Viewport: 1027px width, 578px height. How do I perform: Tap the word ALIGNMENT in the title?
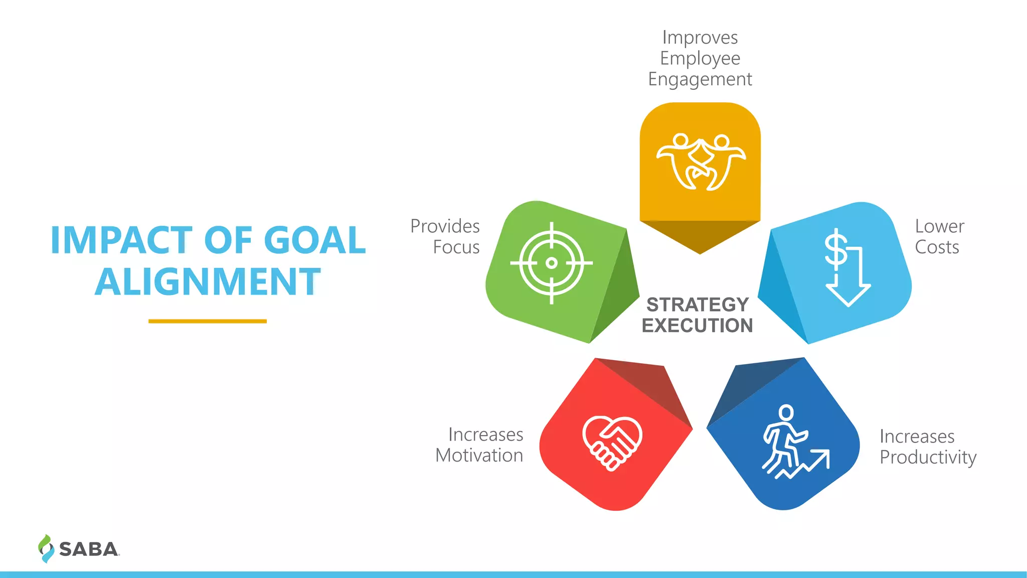pos(208,282)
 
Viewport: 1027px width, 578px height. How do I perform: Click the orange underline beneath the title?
pos(208,321)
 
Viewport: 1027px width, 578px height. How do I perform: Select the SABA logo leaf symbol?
pos(46,548)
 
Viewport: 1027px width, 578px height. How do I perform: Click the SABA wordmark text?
pos(89,549)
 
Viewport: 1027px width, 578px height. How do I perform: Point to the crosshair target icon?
pos(552,263)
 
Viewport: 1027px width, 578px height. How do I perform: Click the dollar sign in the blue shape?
pos(836,249)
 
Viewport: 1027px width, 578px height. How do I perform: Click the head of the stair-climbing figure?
pos(786,413)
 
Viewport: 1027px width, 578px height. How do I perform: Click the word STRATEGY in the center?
pos(698,305)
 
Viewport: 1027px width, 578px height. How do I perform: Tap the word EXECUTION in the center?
pos(698,326)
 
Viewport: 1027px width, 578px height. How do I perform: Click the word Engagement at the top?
pos(700,79)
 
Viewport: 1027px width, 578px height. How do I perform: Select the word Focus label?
pos(456,247)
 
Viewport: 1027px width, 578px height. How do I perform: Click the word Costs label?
pos(937,247)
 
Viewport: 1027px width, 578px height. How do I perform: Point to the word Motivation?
pos(479,456)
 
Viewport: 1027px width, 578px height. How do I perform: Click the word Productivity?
pos(928,458)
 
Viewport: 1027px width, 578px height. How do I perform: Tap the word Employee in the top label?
pos(700,59)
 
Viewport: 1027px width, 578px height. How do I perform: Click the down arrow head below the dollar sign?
pos(848,296)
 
